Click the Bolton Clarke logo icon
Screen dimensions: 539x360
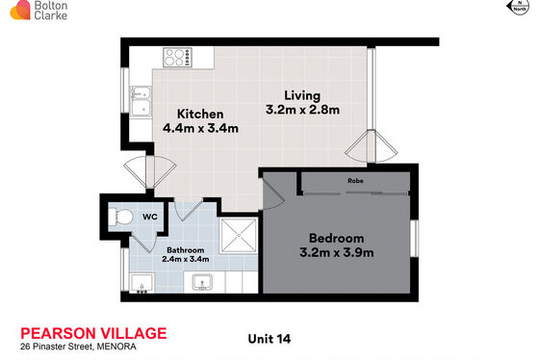(x=20, y=10)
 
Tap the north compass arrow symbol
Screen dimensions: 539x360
(x=518, y=7)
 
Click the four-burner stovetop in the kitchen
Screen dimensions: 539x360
(x=177, y=58)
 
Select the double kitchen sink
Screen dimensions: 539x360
(x=141, y=101)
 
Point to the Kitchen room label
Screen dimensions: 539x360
(x=200, y=115)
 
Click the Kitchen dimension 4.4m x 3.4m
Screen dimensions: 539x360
(x=200, y=128)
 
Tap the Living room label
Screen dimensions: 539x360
(x=302, y=96)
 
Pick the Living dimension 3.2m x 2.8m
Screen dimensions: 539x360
(x=302, y=110)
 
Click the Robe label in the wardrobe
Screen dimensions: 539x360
(x=355, y=181)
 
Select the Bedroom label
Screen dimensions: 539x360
(x=336, y=239)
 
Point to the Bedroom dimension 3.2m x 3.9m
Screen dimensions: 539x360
(x=337, y=253)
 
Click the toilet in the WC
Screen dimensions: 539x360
(x=120, y=218)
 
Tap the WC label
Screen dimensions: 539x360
(x=150, y=217)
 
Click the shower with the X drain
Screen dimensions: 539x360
(x=239, y=236)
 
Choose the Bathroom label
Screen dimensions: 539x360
(x=185, y=250)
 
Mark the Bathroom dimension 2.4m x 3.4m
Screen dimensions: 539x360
(x=185, y=259)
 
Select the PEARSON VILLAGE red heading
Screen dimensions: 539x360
(x=93, y=333)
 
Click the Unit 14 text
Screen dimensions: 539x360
(x=269, y=339)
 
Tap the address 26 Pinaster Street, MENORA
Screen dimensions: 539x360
(x=78, y=347)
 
